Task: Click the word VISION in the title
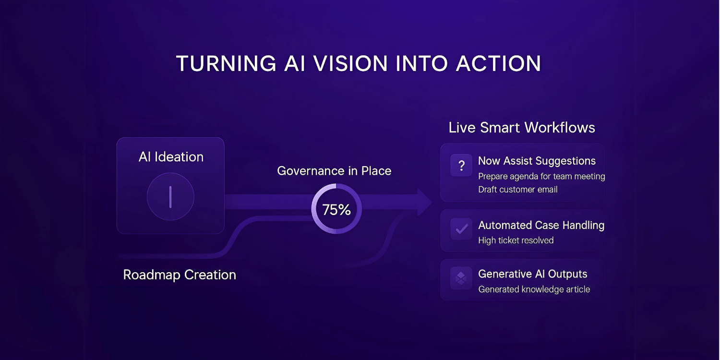(351, 63)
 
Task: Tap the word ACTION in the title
(499, 63)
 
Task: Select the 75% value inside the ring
(336, 210)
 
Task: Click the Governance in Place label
(334, 171)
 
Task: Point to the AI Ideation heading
(171, 157)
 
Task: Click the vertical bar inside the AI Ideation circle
(170, 197)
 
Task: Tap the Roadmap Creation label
(180, 275)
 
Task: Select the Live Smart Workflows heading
(522, 128)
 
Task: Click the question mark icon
(462, 166)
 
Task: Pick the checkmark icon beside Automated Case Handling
(462, 229)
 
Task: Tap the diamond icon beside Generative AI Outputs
(461, 278)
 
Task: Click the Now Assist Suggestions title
(537, 161)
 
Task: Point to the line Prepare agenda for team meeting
(541, 177)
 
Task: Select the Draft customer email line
(518, 190)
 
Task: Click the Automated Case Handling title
(541, 225)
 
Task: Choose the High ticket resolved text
(516, 240)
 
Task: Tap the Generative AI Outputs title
(533, 274)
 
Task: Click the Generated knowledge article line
(534, 289)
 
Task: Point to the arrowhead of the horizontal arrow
(425, 202)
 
